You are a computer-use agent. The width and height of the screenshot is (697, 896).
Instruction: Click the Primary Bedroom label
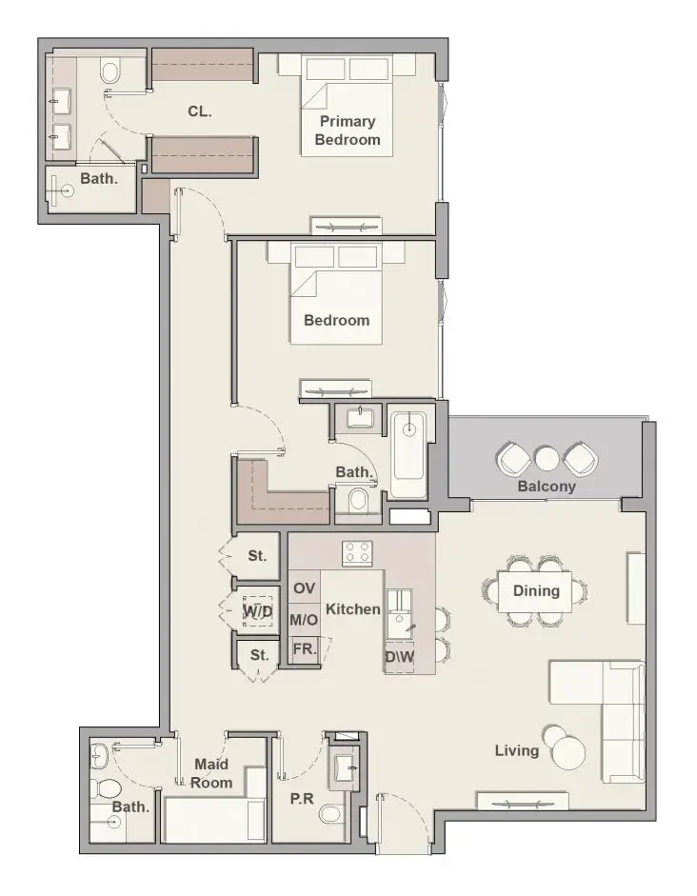[348, 130]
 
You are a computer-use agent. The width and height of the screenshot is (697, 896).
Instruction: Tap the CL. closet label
[200, 111]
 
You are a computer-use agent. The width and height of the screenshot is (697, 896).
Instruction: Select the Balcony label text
[547, 487]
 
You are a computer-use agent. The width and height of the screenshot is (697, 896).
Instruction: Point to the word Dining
[536, 591]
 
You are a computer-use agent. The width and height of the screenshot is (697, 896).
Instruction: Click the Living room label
[516, 751]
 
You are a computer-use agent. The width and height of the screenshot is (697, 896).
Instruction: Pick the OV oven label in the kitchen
[304, 588]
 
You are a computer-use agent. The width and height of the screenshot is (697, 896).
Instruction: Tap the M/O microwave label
[304, 620]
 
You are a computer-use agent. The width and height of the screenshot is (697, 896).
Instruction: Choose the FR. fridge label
[305, 649]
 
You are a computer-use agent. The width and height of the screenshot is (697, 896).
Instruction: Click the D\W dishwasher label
[399, 657]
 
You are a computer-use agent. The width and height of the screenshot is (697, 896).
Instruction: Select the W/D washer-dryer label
[258, 611]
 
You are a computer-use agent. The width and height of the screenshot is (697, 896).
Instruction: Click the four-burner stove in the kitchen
[357, 553]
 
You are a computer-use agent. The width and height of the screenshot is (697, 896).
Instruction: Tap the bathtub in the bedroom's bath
[408, 455]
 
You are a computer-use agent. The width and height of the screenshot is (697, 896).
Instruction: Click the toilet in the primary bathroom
[110, 72]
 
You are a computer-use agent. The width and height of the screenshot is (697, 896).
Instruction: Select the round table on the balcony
[547, 458]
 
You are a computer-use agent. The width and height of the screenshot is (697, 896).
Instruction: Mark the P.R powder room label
[302, 799]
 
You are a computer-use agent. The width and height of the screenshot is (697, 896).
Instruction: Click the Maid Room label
[210, 773]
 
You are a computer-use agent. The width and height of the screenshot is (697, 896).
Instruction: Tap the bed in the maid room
[215, 820]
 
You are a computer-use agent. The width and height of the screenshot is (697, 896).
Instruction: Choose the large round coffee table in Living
[569, 753]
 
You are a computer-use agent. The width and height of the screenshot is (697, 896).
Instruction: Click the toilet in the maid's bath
[108, 788]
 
